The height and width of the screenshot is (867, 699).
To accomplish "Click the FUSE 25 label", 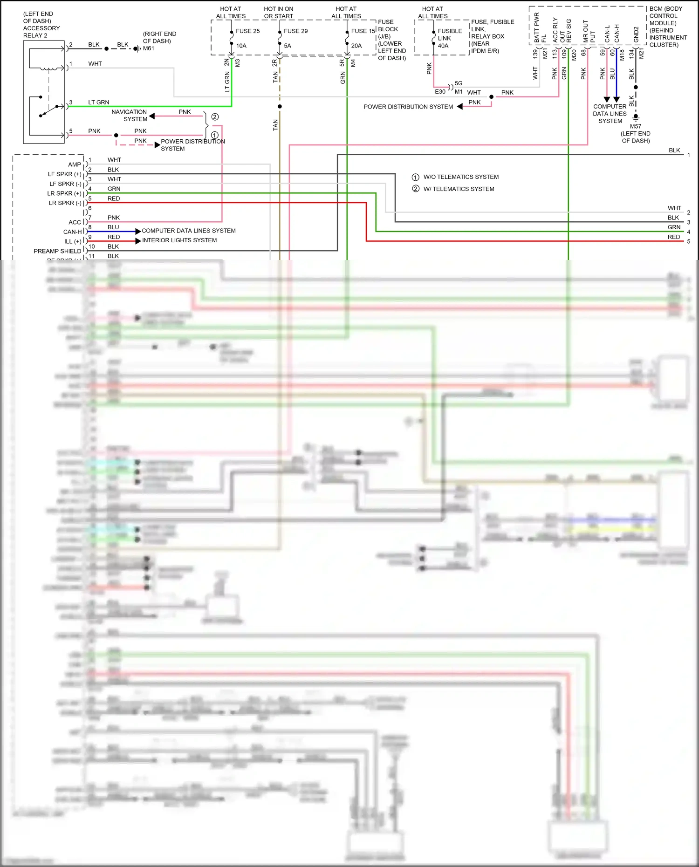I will pos(247,31).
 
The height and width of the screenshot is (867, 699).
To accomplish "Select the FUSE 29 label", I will pos(295,31).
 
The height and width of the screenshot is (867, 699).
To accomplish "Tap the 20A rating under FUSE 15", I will pos(356,46).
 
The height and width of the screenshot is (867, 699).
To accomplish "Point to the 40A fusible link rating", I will pos(443,46).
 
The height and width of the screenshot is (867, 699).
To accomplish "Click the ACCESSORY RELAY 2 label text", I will pos(41,32).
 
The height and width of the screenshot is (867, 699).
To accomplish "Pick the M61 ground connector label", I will pos(149,48).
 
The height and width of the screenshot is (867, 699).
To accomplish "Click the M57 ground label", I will pos(636,126).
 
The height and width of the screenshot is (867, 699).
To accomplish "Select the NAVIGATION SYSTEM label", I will pos(130,116).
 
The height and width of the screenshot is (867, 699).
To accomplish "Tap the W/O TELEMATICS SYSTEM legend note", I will pos(460,177).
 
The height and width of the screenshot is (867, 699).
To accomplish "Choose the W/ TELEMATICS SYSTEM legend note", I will pos(459,189).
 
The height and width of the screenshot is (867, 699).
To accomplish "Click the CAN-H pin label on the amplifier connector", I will pos(72,232).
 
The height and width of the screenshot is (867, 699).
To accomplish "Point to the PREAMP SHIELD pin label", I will pos(57,251).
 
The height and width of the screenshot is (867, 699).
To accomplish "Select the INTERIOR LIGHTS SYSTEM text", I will pos(179,240).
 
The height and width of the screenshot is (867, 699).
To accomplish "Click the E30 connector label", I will pos(440,92).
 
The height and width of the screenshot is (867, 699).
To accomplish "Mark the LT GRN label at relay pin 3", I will pos(99,102).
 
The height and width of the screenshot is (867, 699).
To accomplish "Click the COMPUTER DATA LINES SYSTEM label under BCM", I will pos(610,114).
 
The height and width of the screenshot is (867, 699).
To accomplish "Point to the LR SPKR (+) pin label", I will pos(64,193).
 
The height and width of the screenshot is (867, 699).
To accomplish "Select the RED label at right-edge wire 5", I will pos(673,237).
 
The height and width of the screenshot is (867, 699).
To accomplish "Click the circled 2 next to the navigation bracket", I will pos(215,117).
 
